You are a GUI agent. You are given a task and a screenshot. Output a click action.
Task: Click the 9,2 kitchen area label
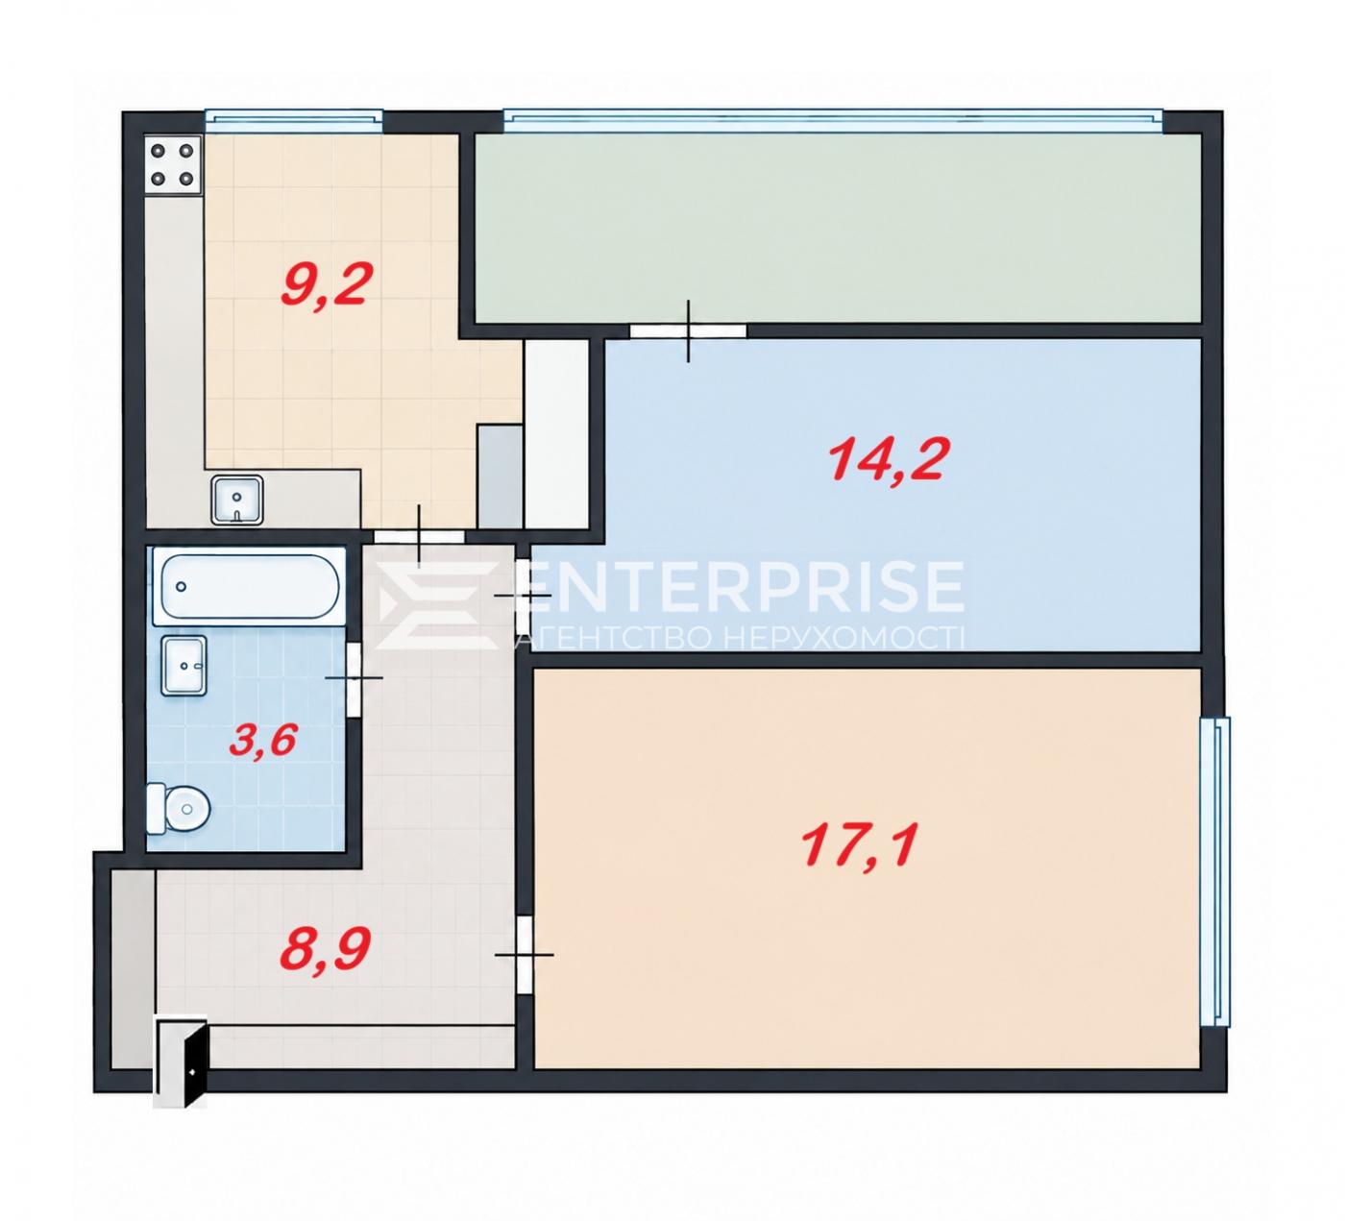326,285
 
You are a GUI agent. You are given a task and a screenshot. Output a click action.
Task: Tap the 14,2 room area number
889,460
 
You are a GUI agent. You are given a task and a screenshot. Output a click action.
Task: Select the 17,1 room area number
860,844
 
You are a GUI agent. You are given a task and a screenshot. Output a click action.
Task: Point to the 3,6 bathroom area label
263,741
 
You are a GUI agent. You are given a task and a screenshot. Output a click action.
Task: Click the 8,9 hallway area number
325,948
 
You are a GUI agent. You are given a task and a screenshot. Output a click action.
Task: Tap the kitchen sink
236,500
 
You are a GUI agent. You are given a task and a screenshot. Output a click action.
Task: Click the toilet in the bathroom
179,809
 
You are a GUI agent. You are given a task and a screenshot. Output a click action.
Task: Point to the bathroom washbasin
183,666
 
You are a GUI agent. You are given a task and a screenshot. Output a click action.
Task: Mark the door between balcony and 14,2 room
688,331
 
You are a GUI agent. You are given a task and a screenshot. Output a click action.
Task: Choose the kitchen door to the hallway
419,537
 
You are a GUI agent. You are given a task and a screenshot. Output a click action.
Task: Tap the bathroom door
354,678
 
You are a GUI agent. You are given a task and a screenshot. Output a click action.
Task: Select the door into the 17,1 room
525,954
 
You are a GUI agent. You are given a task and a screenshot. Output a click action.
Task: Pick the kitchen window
294,120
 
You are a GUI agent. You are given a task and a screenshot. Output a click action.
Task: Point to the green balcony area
838,228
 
